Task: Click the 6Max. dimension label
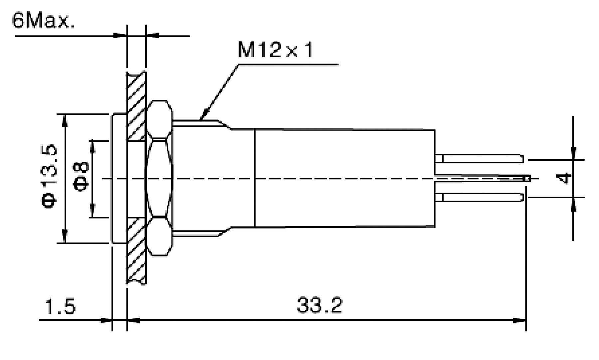[x=43, y=21]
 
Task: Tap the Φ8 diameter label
[x=81, y=176]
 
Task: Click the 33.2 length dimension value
[x=319, y=305]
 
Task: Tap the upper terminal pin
[x=479, y=158]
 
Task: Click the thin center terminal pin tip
[x=526, y=179]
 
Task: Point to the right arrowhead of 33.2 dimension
[x=520, y=320]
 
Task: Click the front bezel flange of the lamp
[x=119, y=178]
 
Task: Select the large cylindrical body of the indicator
[x=343, y=178]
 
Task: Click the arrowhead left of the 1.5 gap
[x=106, y=320]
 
